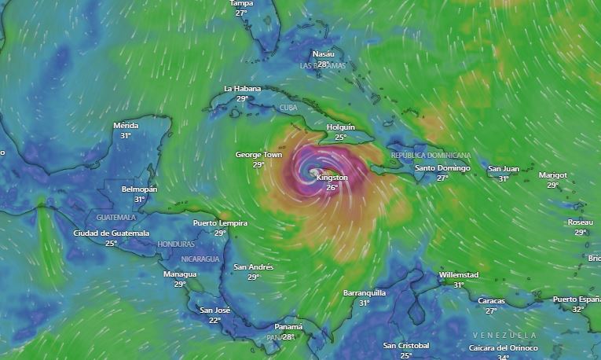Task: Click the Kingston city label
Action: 332,178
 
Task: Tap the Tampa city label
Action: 241,4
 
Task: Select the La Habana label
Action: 242,89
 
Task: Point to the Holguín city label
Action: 340,127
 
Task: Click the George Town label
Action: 258,155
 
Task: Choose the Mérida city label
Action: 126,126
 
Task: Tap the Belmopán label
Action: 140,189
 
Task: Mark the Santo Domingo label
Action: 442,168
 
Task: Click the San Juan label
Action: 504,169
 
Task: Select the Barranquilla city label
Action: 365,293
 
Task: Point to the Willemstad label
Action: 458,275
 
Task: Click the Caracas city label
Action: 492,301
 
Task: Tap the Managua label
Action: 180,274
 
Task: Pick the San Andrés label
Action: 254,267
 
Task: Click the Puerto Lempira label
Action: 220,223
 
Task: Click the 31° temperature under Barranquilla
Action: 365,303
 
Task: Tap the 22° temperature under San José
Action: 214,320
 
